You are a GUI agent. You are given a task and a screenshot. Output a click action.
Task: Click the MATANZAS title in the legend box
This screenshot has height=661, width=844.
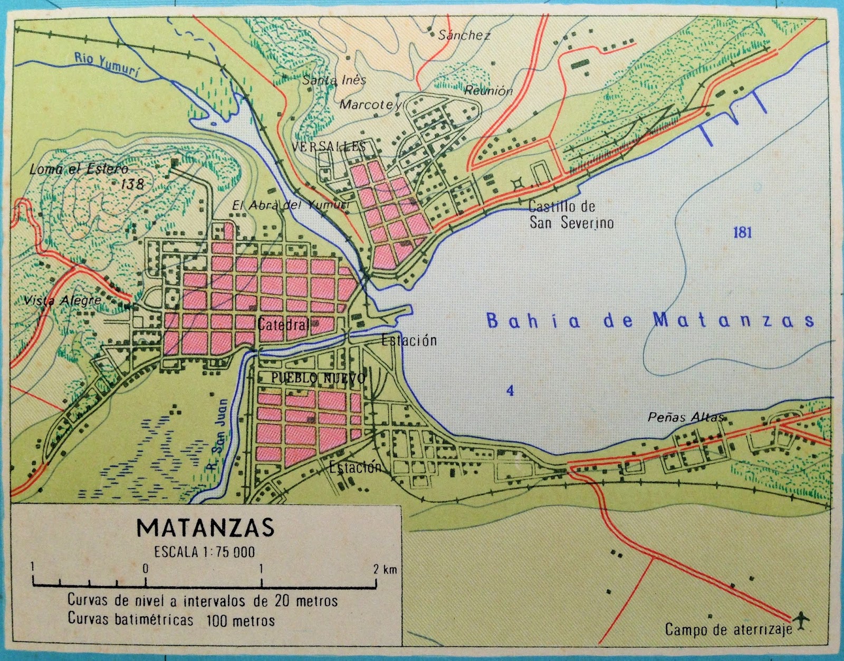click(x=205, y=527)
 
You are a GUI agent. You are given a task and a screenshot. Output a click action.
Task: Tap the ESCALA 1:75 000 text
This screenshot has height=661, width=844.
click(x=205, y=552)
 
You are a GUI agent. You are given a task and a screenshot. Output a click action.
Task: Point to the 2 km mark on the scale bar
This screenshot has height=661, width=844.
click(x=376, y=570)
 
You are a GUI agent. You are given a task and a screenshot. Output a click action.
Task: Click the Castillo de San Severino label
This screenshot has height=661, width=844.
click(x=571, y=215)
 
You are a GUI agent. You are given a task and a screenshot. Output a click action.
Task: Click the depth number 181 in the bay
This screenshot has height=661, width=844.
click(x=742, y=233)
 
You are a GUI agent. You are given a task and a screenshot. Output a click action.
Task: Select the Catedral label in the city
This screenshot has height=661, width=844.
click(x=283, y=325)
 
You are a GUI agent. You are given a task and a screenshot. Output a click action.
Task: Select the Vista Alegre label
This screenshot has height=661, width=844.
click(x=62, y=300)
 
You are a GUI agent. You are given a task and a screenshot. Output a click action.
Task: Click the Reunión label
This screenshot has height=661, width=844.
click(x=488, y=90)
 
